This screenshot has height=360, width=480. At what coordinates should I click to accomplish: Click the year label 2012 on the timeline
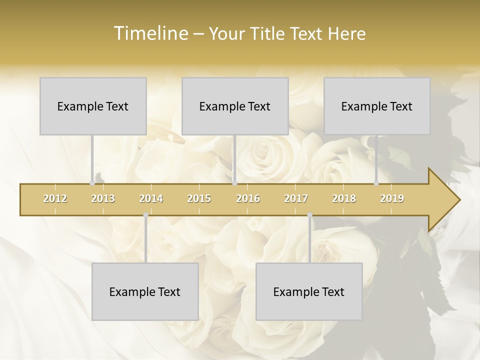pyautogui.click(x=55, y=198)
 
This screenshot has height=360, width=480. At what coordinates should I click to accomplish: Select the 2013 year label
pyautogui.click(x=103, y=198)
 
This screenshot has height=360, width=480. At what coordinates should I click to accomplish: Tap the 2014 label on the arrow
pyautogui.click(x=151, y=198)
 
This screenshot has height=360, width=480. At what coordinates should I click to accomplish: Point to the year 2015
pyautogui.click(x=199, y=198)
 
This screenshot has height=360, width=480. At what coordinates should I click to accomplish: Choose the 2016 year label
pyautogui.click(x=248, y=198)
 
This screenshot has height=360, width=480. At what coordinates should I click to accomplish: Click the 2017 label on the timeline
pyautogui.click(x=296, y=198)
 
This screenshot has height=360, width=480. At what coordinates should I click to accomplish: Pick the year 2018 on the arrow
pyautogui.click(x=344, y=198)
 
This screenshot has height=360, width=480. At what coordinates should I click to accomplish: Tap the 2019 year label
pyautogui.click(x=392, y=198)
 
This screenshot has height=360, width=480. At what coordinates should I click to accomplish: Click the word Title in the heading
pyautogui.click(x=269, y=33)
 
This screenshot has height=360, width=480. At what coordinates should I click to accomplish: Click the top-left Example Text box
pyautogui.click(x=93, y=106)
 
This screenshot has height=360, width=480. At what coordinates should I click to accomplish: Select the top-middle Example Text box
pyautogui.click(x=235, y=106)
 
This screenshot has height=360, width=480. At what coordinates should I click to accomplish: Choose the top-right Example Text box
pyautogui.click(x=377, y=106)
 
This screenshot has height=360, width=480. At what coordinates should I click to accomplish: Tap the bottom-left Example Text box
pyautogui.click(x=145, y=291)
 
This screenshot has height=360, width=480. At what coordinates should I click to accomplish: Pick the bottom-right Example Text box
pyautogui.click(x=309, y=291)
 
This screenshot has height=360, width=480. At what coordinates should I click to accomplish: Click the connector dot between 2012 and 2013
pyautogui.click(x=92, y=183)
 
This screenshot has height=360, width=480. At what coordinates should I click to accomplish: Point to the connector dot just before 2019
pyautogui.click(x=376, y=183)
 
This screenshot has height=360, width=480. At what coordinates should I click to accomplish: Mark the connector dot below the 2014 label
pyautogui.click(x=145, y=215)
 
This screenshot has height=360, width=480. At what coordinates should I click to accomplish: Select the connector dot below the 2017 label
pyautogui.click(x=309, y=215)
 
